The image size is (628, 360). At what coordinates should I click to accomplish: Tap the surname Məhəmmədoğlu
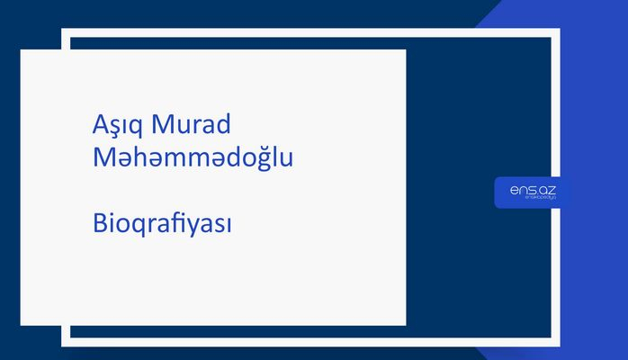[193, 157]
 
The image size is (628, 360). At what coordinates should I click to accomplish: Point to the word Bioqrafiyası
[162, 224]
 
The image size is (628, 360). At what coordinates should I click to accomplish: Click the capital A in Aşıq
[101, 123]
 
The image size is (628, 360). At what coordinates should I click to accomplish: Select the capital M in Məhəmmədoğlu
[103, 157]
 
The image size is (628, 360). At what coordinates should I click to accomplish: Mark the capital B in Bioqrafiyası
[99, 223]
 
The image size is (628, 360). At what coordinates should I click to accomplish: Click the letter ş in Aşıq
[117, 126]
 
